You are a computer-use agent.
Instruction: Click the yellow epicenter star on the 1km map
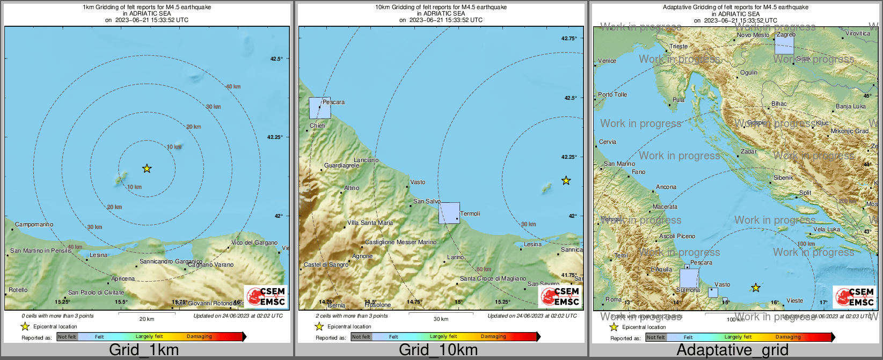pyautogui.click(x=147, y=168)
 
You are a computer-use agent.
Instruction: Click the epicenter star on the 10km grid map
pyautogui.click(x=566, y=180)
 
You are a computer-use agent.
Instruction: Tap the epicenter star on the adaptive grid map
pyautogui.click(x=755, y=288)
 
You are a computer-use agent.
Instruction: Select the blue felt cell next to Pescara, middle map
pyautogui.click(x=319, y=108)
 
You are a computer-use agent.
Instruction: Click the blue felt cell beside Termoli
pyautogui.click(x=449, y=212)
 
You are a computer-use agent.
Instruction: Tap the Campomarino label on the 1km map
pyautogui.click(x=34, y=224)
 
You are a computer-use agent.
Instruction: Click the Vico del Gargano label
pyautogui.click(x=254, y=243)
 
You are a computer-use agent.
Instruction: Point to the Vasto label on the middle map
pyautogui.click(x=418, y=182)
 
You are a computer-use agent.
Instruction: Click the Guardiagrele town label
pyautogui.click(x=341, y=165)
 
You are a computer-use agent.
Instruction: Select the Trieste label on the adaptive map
pyautogui.click(x=678, y=46)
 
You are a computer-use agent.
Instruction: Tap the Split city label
pyautogui.click(x=805, y=193)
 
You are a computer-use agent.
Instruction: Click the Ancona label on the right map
pyautogui.click(x=666, y=187)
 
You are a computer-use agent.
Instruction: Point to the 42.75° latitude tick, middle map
pyautogui.click(x=569, y=38)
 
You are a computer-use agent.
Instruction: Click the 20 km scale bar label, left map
pyautogui.click(x=147, y=319)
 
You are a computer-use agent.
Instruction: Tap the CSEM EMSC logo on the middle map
pyautogui.click(x=560, y=296)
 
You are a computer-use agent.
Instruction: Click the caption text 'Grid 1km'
pyautogui.click(x=144, y=350)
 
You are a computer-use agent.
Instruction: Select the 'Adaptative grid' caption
pyautogui.click(x=732, y=350)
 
